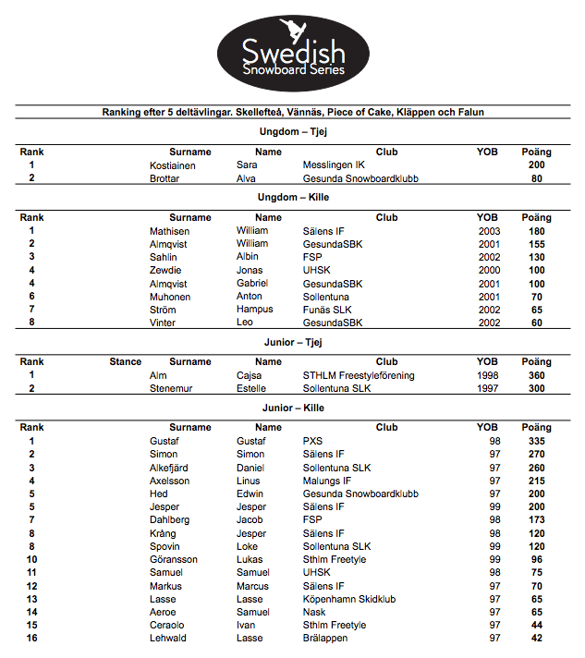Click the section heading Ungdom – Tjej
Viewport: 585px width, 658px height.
click(x=293, y=131)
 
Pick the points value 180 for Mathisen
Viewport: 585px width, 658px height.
click(x=536, y=231)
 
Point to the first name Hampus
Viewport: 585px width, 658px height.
click(x=255, y=310)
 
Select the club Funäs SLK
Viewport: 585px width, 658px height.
click(x=328, y=310)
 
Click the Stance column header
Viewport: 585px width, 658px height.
click(x=126, y=362)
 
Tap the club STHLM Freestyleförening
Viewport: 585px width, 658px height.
click(x=359, y=376)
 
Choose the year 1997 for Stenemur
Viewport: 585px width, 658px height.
click(x=487, y=389)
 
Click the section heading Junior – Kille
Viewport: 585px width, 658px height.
click(x=293, y=408)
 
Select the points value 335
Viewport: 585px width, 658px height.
click(x=536, y=442)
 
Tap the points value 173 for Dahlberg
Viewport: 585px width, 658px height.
click(x=536, y=520)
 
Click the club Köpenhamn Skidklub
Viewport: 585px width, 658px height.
click(x=349, y=600)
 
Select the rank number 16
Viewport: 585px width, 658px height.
click(x=32, y=639)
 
